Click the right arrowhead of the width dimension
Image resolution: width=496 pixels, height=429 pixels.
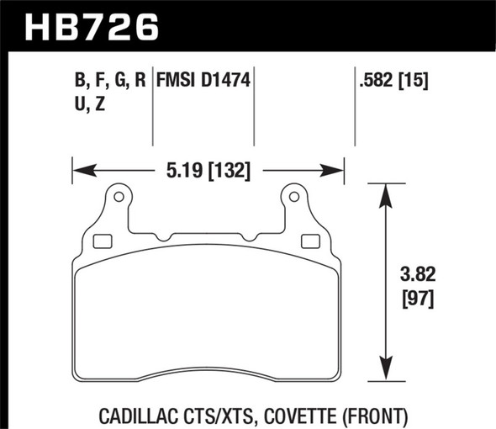pyautogui.click(x=335, y=172)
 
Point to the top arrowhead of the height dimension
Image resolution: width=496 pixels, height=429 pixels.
pyautogui.click(x=386, y=192)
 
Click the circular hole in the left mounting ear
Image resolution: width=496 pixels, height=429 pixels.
pyautogui.click(x=119, y=198)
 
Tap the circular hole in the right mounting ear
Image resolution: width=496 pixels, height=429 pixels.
pyautogui.click(x=294, y=198)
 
